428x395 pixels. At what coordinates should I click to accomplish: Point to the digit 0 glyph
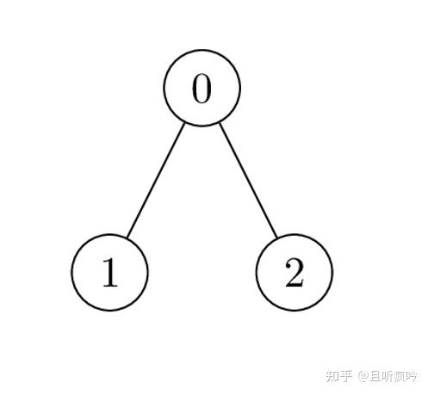click(x=202, y=89)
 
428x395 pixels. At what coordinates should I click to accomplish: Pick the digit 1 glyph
click(x=110, y=272)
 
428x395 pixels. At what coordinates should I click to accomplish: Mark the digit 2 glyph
click(x=295, y=272)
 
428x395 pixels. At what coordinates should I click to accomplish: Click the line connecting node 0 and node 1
click(x=156, y=180)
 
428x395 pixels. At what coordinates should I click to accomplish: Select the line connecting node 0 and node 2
click(x=248, y=180)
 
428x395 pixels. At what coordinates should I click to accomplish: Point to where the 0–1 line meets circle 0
click(x=184, y=123)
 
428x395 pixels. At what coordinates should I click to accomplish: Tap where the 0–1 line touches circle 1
click(x=127, y=238)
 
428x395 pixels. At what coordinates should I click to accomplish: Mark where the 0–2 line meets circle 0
click(x=220, y=123)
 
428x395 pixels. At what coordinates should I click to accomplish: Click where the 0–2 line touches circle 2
click(x=277, y=238)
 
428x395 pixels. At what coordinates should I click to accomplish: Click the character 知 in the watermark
click(x=332, y=376)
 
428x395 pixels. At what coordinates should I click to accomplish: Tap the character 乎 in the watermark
click(x=346, y=376)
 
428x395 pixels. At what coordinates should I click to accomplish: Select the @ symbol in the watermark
click(x=363, y=376)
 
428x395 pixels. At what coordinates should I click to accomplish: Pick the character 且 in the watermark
click(x=375, y=376)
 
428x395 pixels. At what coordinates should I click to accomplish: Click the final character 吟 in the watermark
click(x=411, y=376)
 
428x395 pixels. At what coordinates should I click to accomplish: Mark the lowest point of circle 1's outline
click(x=109, y=311)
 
